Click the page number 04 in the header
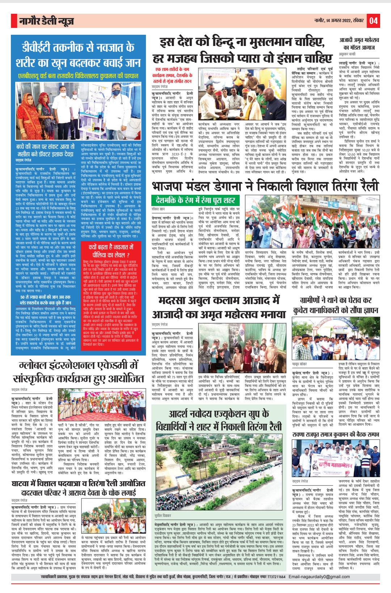(374, 21)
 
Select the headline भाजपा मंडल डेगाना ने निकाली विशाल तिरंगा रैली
(265, 186)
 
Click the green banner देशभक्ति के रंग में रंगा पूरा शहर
(195, 200)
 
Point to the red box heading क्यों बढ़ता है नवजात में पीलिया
(111, 250)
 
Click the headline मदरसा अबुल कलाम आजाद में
(219, 300)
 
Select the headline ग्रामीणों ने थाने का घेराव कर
(336, 300)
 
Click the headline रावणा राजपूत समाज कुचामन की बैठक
(336, 434)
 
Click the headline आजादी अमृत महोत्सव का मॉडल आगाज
(359, 43)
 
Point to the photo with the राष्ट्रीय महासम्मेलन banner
(335, 458)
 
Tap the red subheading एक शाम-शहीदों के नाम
(172, 69)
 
